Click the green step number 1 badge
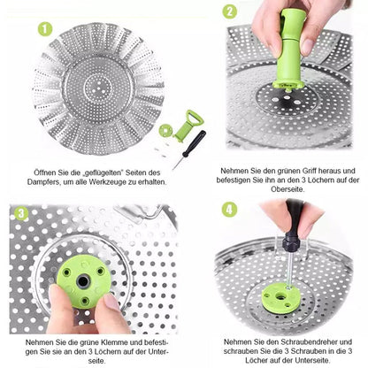click(x=45, y=29)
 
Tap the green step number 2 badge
click(x=230, y=12)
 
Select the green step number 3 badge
click(x=21, y=213)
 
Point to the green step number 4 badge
click(x=229, y=210)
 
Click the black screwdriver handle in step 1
click(x=194, y=143)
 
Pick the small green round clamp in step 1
click(x=166, y=130)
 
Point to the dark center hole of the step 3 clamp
click(x=83, y=281)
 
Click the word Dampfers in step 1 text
click(x=43, y=182)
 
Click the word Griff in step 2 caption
click(x=309, y=171)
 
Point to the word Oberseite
click(x=287, y=189)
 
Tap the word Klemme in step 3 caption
click(x=115, y=342)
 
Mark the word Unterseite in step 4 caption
click(x=312, y=360)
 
